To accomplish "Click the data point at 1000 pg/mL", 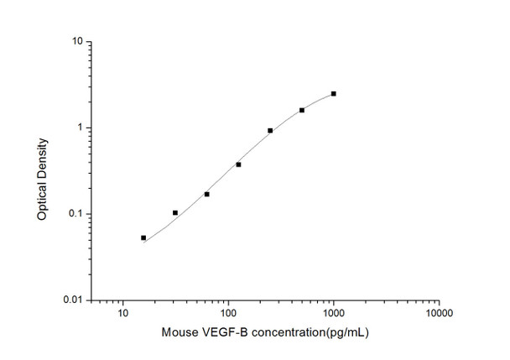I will click(x=333, y=94).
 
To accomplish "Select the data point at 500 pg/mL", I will click(x=302, y=110).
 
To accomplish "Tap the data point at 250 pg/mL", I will click(x=270, y=130).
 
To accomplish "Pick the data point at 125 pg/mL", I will click(x=238, y=164).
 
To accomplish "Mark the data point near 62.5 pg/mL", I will click(x=206, y=194).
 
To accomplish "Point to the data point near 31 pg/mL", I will click(x=175, y=212).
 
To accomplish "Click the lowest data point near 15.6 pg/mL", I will click(x=143, y=237).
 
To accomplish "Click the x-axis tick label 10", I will click(x=123, y=314).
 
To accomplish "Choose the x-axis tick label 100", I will click(x=227, y=314).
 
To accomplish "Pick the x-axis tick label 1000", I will click(x=333, y=314).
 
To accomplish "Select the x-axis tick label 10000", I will click(x=438, y=314).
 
